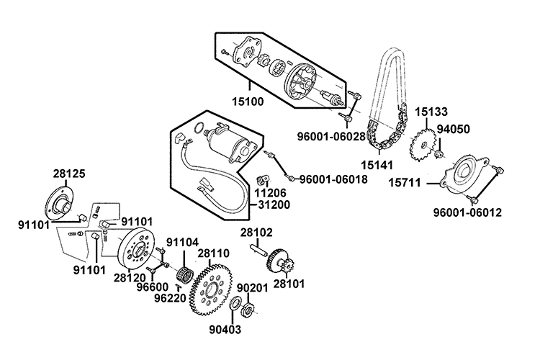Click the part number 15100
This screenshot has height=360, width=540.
(x=248, y=102)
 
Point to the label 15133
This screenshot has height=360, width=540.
(x=431, y=112)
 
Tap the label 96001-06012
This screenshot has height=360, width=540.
(x=468, y=212)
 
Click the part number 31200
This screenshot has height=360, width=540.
(x=271, y=204)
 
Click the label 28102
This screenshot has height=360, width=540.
(x=256, y=233)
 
